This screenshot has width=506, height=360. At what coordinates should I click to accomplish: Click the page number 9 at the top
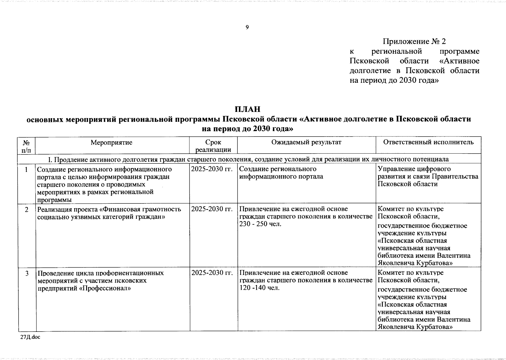click(247, 28)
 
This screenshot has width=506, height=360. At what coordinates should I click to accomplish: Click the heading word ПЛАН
click(247, 109)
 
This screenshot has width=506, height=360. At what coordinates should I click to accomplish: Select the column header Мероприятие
click(111, 142)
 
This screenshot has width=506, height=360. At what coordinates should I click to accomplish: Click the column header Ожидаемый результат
click(306, 142)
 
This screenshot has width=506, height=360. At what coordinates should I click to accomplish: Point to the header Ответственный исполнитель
click(428, 142)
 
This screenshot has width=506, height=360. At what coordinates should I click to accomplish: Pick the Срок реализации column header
click(213, 146)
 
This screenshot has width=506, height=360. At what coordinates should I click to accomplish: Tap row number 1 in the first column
click(26, 169)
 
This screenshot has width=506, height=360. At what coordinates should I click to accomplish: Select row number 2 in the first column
click(26, 209)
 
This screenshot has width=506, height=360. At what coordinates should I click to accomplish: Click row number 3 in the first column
click(26, 273)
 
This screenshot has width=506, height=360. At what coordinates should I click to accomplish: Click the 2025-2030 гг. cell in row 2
click(212, 209)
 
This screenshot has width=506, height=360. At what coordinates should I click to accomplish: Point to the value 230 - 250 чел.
click(261, 224)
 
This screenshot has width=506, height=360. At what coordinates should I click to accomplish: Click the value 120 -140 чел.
click(260, 288)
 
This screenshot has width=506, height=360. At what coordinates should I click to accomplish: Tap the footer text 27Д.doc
click(30, 337)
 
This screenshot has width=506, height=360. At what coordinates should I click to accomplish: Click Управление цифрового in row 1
click(414, 169)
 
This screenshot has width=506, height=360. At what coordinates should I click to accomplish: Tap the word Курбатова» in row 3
click(434, 327)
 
